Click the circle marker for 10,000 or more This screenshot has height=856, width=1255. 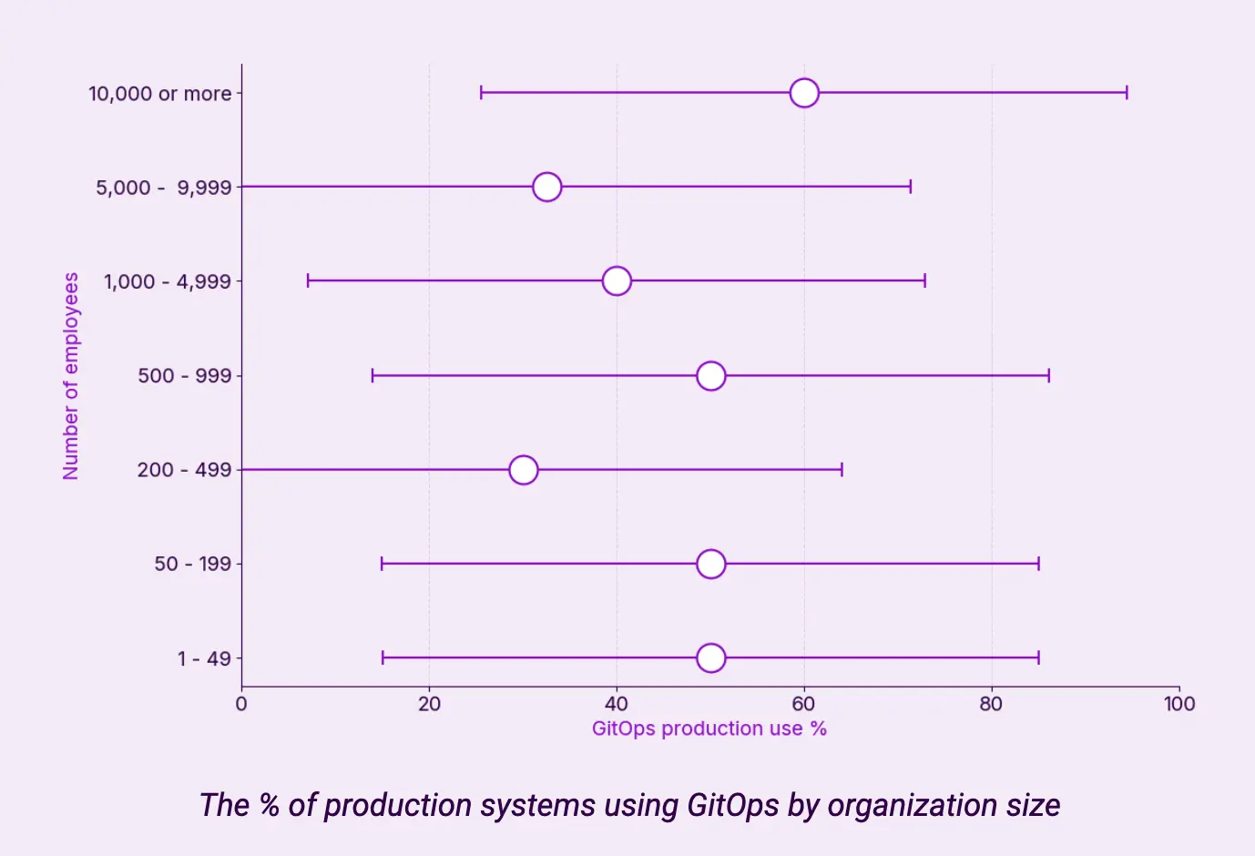click(x=804, y=93)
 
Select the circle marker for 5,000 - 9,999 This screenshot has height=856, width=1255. click(x=546, y=187)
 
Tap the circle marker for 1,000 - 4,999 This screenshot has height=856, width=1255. click(x=617, y=280)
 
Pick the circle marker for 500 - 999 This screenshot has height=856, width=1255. click(x=710, y=375)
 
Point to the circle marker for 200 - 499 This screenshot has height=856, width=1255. click(x=523, y=470)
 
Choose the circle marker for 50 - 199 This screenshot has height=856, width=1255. click(x=710, y=564)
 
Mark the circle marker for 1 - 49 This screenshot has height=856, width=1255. click(x=710, y=657)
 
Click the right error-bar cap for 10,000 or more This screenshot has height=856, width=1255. click(x=1127, y=93)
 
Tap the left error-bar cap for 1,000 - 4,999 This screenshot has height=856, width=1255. click(x=308, y=280)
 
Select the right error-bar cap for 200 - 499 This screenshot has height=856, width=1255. click(x=842, y=470)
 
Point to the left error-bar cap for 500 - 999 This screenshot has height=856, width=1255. click(x=372, y=375)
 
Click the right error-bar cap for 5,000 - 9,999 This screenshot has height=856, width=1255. click(x=911, y=187)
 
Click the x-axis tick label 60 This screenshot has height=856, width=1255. click(x=803, y=704)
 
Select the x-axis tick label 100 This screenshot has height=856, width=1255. click(x=1179, y=704)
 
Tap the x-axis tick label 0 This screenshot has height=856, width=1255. click(x=241, y=704)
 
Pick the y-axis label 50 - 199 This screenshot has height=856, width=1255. click(x=192, y=564)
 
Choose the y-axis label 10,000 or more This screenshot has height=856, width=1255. click(x=159, y=94)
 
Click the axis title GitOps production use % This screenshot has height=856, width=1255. click(x=709, y=729)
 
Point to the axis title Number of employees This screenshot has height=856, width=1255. click(x=71, y=375)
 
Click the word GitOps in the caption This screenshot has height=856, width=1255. click(x=732, y=806)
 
